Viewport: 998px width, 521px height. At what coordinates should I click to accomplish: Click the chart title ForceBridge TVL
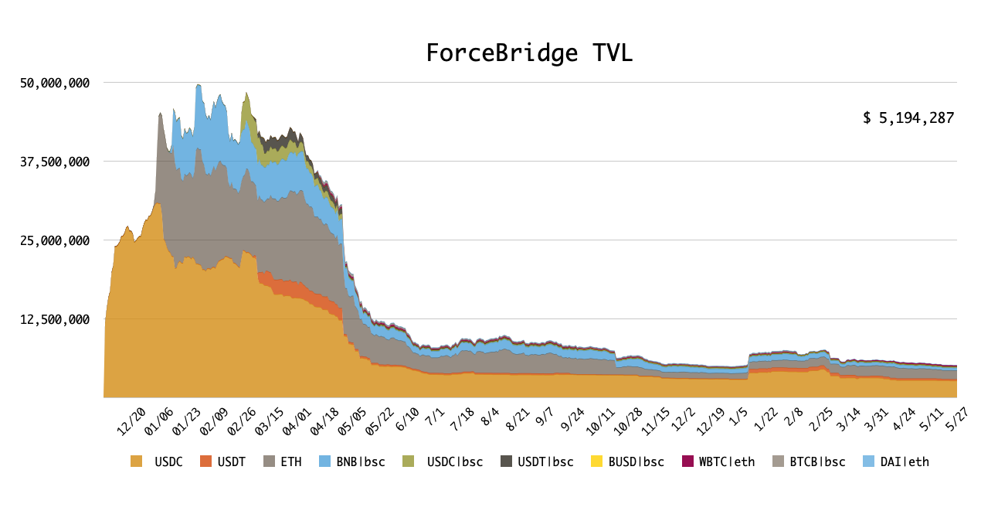click(x=529, y=53)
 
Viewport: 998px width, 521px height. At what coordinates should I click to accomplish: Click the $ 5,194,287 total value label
click(x=908, y=118)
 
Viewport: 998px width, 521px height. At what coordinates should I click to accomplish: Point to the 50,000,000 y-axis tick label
click(x=54, y=83)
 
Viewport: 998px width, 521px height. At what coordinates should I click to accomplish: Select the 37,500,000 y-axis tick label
click(x=54, y=162)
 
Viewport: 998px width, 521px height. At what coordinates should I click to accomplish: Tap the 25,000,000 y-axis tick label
click(x=54, y=240)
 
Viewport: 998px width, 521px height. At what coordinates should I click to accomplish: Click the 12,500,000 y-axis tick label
click(x=54, y=319)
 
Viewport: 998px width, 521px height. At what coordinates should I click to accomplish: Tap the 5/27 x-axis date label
click(x=958, y=418)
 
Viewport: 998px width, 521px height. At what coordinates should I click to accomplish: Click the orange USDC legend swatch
click(x=137, y=461)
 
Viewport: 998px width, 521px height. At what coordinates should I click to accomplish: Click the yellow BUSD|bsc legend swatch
click(x=596, y=461)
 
